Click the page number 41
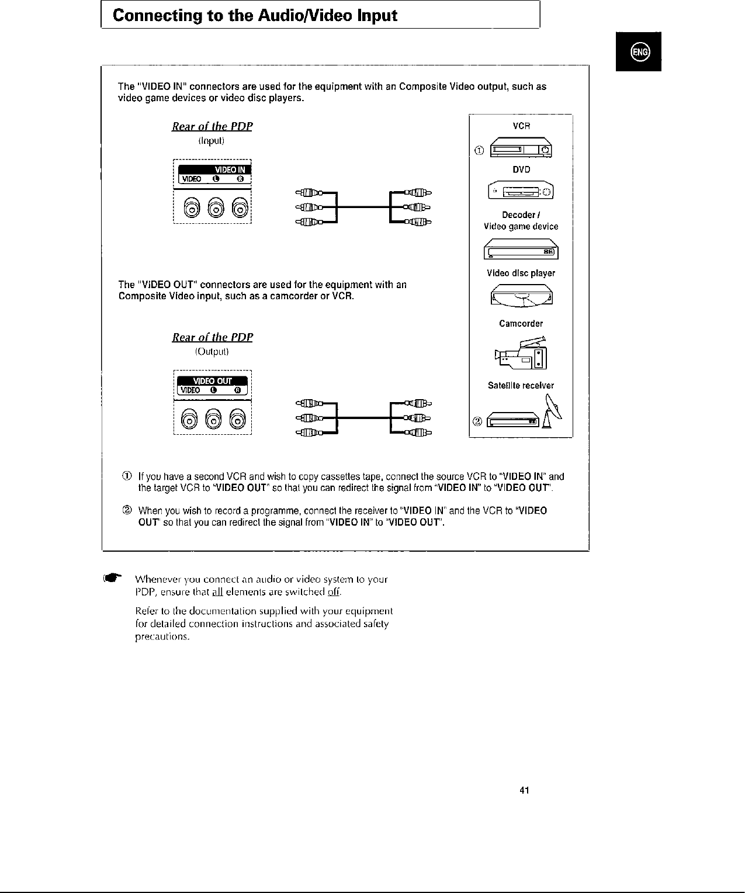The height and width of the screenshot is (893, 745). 524,791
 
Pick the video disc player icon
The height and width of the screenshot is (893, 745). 521,295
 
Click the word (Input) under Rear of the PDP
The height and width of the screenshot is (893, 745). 212,141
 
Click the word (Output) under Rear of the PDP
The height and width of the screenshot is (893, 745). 212,352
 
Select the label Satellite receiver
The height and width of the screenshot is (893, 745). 521,385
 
